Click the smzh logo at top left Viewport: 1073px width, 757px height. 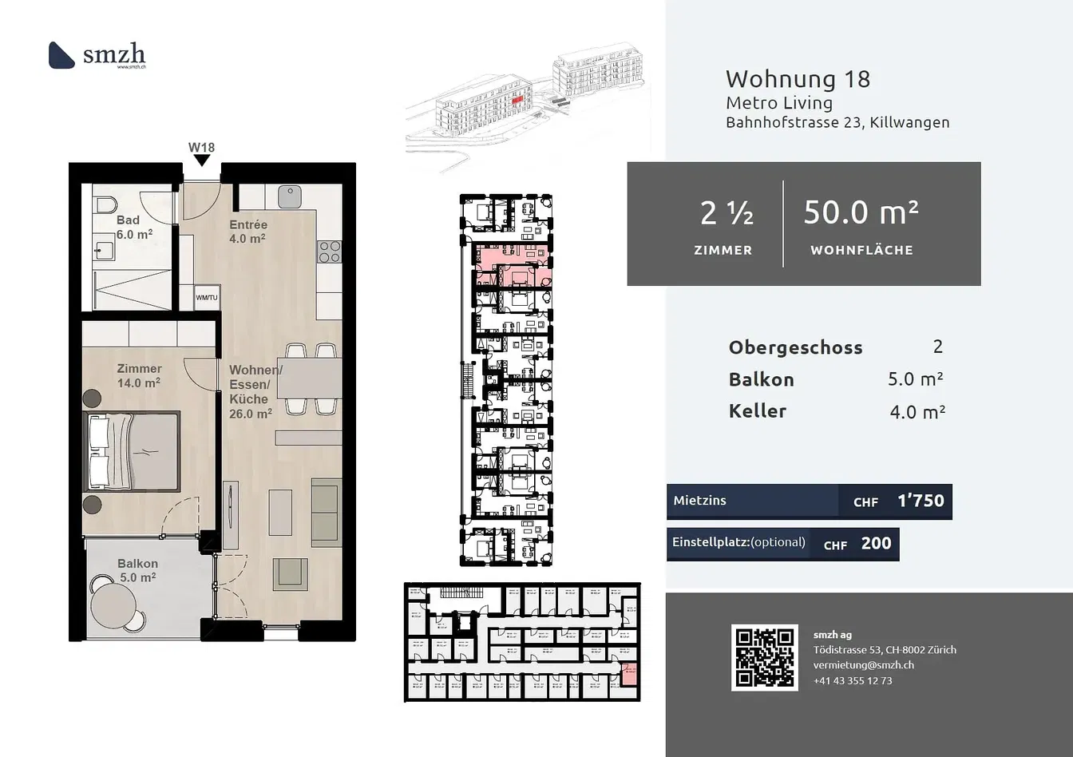click(97, 55)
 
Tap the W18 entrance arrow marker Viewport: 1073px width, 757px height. click(202, 160)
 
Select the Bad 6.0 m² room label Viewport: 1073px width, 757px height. click(133, 228)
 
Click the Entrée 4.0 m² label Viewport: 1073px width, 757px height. click(247, 232)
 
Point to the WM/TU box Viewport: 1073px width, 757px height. click(207, 297)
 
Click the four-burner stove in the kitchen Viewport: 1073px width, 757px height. click(330, 252)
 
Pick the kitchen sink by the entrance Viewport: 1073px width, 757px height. click(290, 196)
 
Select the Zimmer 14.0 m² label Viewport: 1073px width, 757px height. click(139, 375)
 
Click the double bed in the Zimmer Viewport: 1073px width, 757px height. click(133, 451)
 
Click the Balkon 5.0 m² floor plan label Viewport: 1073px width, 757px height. click(137, 570)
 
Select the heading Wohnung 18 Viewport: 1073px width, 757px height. click(797, 79)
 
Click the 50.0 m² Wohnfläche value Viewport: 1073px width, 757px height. click(861, 212)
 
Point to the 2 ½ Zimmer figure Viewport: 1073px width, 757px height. click(726, 213)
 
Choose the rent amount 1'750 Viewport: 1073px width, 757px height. click(921, 501)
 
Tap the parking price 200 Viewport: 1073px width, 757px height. click(876, 543)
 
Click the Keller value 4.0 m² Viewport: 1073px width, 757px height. click(917, 412)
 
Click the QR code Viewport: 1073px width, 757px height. click(764, 657)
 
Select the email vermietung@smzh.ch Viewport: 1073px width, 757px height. click(863, 664)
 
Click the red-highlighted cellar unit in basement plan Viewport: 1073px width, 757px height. click(629, 674)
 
